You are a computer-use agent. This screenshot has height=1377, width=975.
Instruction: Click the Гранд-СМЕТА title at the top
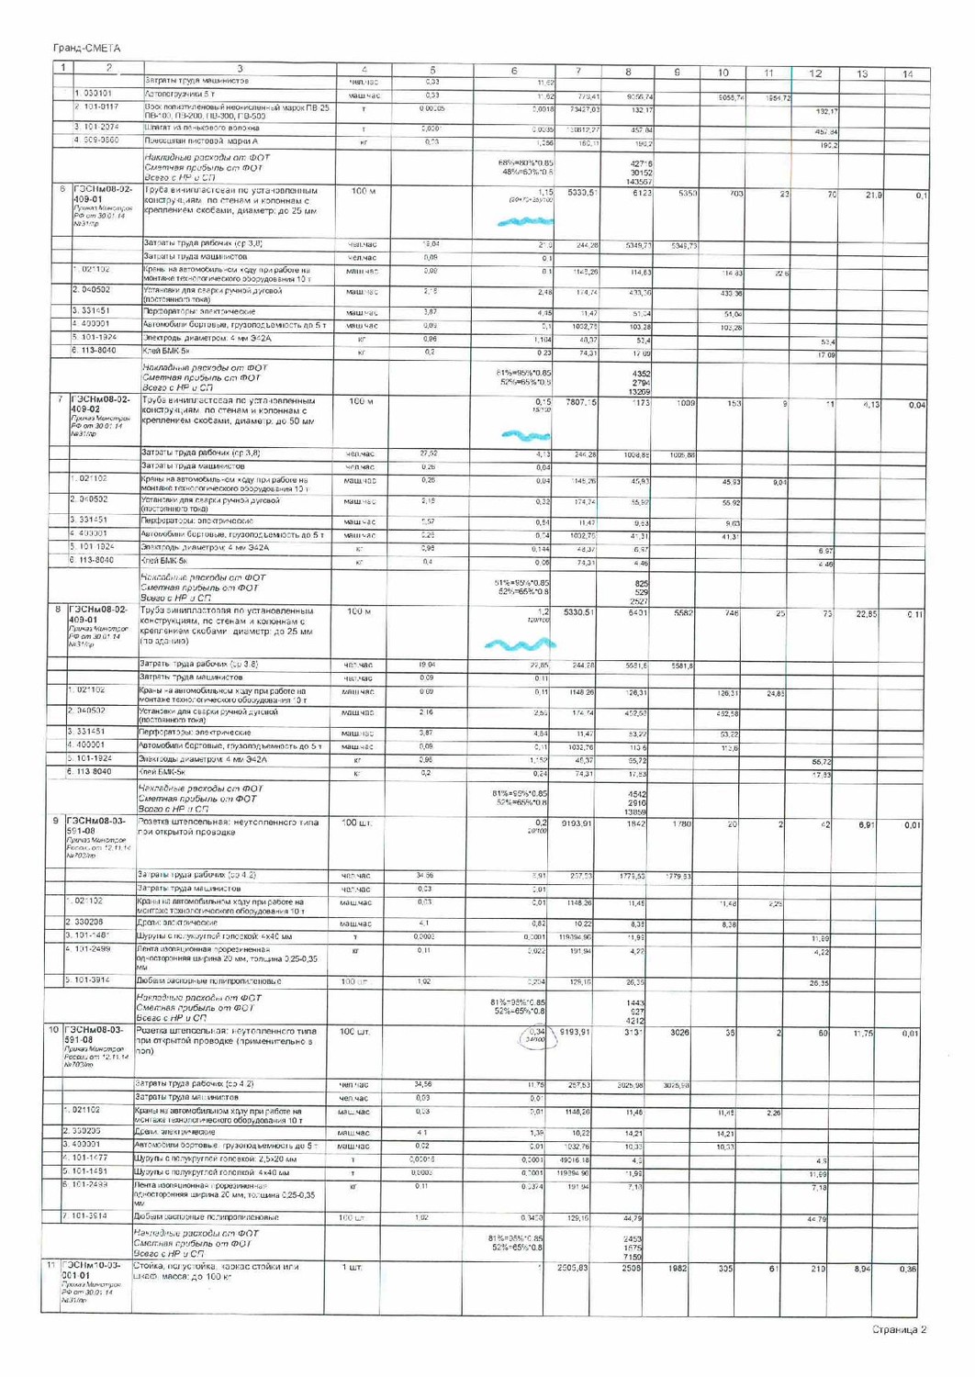coord(86,48)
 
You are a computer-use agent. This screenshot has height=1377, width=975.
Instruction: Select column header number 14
coord(907,73)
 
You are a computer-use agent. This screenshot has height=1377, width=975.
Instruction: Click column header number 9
coord(676,72)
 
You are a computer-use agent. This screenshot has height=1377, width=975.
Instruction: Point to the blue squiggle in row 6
coord(526,221)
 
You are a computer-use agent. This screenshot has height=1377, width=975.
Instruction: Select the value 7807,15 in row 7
coord(580,402)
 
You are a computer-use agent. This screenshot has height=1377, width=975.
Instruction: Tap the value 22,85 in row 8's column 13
coord(866,614)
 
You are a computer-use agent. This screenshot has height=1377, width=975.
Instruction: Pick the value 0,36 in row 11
coord(907,1269)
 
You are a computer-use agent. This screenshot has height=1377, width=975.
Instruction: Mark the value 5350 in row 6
coord(688,194)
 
